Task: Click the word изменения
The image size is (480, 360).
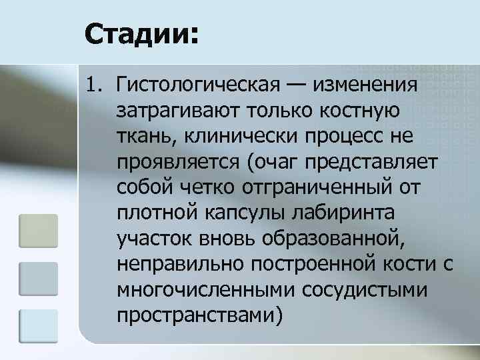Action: coord(368,86)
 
